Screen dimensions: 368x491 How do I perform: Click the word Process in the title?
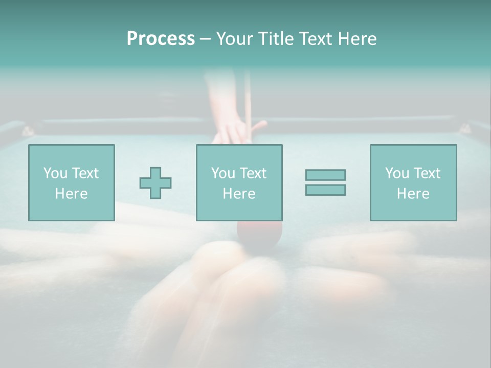coord(161,39)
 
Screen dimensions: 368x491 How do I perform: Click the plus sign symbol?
coord(155,183)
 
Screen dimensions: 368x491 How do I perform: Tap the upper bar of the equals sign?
coord(325,175)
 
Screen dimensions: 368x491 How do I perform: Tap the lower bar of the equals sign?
coord(325,190)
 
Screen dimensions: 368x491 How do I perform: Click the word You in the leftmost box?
coord(55,173)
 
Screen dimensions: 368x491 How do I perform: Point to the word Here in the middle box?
coord(239,194)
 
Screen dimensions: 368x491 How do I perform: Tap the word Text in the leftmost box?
coord(85,173)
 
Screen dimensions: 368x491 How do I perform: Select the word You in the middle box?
coord(222,173)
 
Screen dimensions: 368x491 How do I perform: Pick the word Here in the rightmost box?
coord(413,194)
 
